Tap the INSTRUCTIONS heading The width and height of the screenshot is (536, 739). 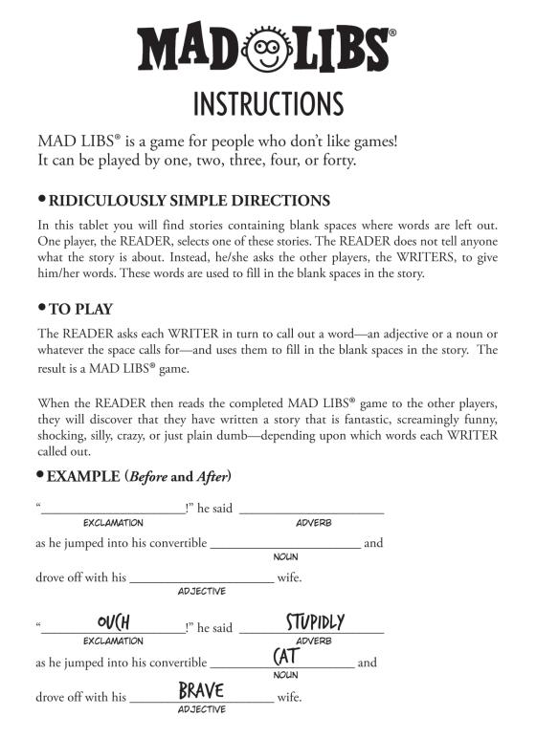(267, 102)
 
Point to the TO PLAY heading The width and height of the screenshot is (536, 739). (81, 309)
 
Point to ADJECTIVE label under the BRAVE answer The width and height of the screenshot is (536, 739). (201, 709)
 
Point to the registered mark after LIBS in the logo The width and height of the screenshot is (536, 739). (393, 32)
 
